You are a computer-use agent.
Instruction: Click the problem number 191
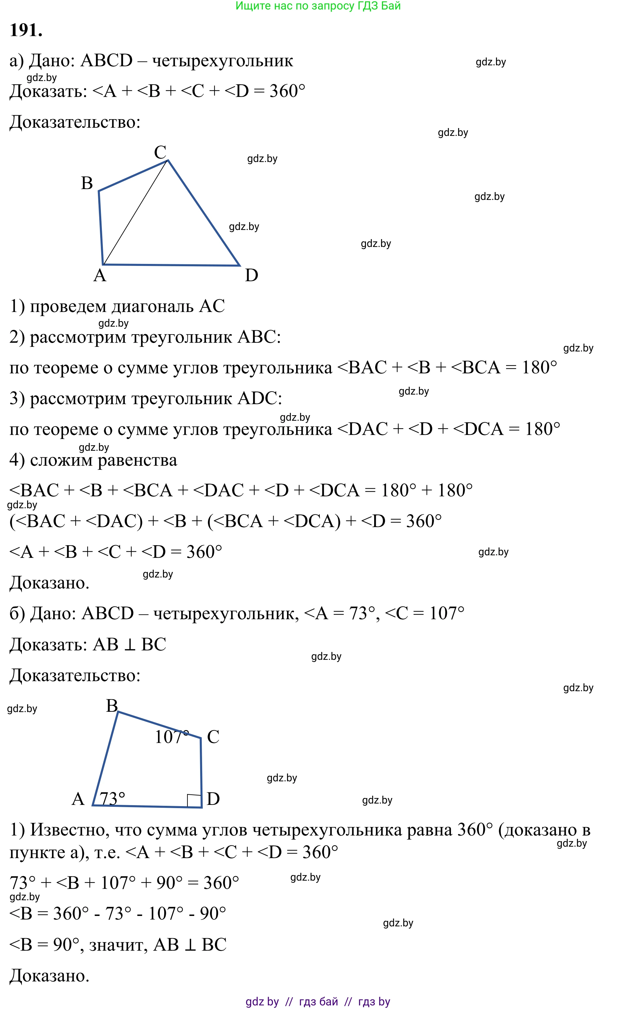26,30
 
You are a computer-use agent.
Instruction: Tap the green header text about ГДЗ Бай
318,6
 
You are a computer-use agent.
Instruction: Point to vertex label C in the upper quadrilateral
160,152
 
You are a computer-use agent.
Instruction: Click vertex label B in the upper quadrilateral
87,183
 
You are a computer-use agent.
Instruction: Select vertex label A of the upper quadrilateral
100,275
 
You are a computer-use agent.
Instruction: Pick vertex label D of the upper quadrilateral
251,275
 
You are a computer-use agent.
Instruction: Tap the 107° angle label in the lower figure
171,737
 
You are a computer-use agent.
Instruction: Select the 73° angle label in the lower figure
112,798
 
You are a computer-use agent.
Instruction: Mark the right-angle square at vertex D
194,800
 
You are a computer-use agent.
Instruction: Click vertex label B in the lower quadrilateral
112,706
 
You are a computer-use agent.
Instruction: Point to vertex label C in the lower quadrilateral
213,737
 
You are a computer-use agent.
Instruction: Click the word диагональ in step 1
152,306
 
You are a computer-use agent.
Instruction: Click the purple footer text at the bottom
318,1001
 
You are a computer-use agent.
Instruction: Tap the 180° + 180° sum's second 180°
455,490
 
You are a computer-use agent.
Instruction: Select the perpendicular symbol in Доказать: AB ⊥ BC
130,645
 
